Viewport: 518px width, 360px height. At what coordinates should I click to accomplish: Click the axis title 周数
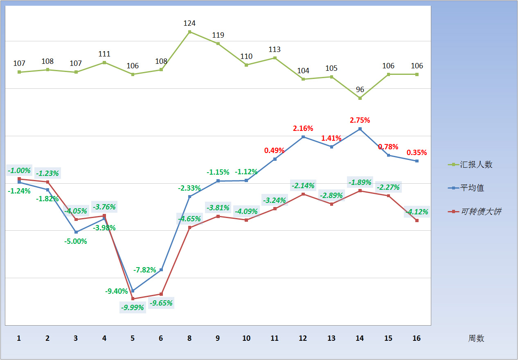(476, 338)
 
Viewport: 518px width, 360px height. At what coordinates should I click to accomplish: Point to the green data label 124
(189, 23)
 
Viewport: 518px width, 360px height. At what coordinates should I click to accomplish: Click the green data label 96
(360, 90)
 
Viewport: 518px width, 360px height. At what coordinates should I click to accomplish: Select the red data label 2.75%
(360, 120)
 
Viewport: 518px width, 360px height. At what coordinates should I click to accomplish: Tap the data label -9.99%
(133, 307)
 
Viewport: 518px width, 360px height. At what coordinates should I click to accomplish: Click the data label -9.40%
(117, 291)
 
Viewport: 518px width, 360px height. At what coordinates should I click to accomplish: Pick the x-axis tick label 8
(189, 338)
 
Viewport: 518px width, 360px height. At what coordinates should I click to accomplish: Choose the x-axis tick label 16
(417, 338)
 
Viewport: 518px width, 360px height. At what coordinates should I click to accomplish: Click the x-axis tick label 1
(19, 338)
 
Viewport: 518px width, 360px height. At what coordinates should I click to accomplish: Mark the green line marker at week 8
(189, 32)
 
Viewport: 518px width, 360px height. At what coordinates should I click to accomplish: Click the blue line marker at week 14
(360, 129)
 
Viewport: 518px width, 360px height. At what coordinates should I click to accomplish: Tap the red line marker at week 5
(133, 299)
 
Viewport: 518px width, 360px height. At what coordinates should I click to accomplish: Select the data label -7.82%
(145, 270)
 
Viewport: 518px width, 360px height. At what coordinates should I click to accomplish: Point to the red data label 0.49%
(275, 151)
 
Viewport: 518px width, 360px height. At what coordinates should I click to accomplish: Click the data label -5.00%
(76, 241)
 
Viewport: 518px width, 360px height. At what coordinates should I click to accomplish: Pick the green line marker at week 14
(360, 98)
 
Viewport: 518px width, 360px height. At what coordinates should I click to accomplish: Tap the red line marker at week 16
(417, 220)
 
